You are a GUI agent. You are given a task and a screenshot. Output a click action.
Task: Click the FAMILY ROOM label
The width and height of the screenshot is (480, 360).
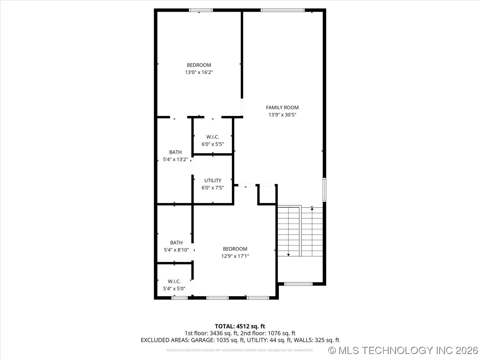(282, 107)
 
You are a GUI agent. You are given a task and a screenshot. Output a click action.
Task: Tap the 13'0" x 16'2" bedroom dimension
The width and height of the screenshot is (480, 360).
(199, 72)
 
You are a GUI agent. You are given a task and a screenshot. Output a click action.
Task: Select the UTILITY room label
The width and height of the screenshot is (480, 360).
(213, 180)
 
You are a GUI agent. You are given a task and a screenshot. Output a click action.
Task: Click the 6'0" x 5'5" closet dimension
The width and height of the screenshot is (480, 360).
(212, 144)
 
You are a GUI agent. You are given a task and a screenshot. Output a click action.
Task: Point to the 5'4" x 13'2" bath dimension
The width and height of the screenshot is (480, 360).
(175, 160)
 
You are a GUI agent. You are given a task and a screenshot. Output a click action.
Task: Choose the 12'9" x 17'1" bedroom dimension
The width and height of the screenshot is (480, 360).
(235, 256)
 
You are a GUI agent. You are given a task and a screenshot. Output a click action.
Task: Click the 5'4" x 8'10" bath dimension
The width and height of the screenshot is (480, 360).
(176, 250)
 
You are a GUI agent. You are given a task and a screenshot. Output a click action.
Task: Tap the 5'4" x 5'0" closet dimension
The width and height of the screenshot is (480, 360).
(174, 289)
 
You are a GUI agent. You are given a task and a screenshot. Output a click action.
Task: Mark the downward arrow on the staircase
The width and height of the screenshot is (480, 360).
(288, 254)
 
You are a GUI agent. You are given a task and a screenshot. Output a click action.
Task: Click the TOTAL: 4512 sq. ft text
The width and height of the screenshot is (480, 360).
(240, 326)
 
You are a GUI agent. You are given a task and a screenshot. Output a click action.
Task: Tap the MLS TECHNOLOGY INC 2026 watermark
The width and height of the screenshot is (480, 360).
(403, 350)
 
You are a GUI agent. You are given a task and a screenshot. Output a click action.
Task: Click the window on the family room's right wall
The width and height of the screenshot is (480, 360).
(324, 190)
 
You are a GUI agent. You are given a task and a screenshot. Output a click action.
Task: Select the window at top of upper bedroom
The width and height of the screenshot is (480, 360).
(201, 10)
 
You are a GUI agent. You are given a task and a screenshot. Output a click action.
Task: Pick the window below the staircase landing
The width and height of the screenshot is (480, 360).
(298, 284)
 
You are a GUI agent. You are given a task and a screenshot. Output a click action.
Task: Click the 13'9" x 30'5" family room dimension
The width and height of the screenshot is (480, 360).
(282, 115)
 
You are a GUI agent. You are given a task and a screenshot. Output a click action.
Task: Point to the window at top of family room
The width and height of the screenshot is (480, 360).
(282, 10)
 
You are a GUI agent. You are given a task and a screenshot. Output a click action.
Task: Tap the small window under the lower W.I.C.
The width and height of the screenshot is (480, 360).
(179, 298)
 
